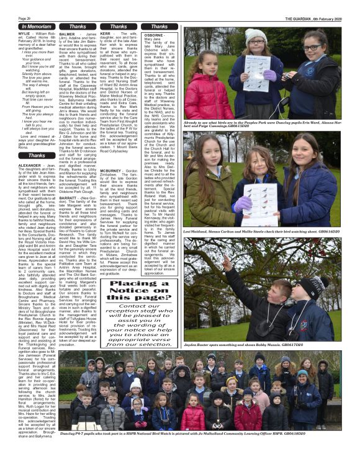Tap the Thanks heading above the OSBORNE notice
click(159, 27)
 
